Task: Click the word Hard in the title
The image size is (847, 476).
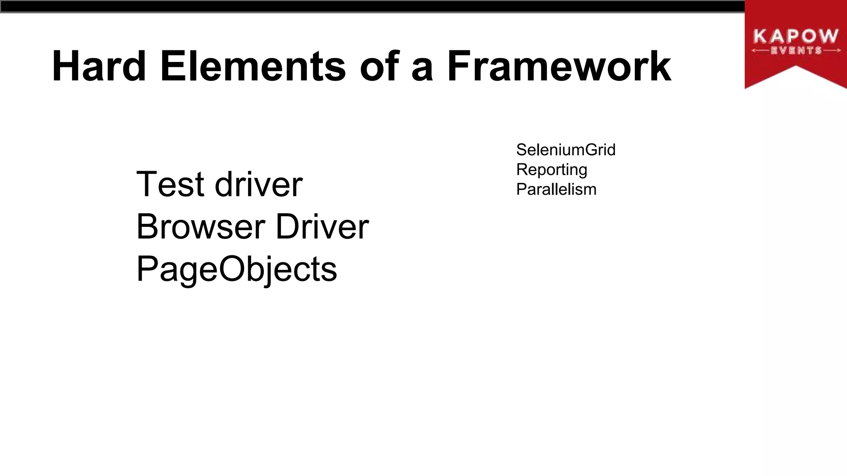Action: pos(99,66)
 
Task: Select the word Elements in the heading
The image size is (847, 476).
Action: pos(253,66)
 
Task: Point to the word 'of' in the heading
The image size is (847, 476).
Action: pos(379,66)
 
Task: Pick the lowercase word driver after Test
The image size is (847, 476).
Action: pos(258,184)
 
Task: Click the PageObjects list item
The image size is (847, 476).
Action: pos(237,269)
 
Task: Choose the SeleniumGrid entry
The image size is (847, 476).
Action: pos(566,150)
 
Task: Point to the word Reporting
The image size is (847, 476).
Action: pos(552,170)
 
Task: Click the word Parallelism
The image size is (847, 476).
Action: pos(556,189)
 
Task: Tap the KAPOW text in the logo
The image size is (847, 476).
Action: pos(796,36)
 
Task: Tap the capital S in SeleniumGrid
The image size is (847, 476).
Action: pos(522,150)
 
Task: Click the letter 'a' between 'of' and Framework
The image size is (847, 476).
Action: pos(422,69)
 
